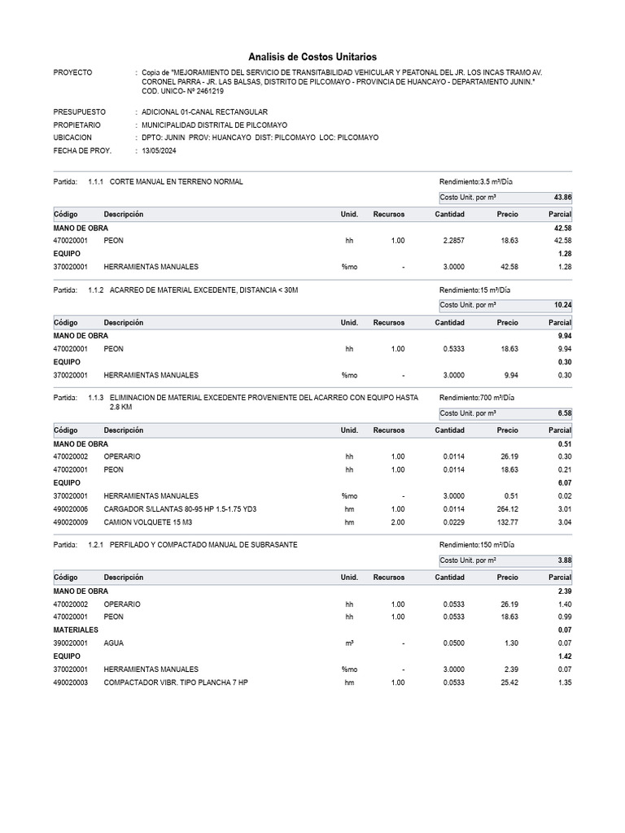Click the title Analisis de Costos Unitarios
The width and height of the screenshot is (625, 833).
[312, 57]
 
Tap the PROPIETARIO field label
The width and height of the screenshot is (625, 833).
[77, 125]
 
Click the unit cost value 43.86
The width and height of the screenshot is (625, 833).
[562, 198]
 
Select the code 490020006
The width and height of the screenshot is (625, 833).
[70, 508]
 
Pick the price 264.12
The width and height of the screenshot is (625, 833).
[507, 508]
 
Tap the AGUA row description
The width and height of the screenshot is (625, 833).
[113, 643]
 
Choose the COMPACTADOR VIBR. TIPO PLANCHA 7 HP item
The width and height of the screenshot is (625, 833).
[176, 683]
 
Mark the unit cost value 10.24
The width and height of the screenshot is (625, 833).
[562, 305]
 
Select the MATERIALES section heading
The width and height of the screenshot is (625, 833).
[76, 630]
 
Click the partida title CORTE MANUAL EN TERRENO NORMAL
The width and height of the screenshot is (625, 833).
[176, 181]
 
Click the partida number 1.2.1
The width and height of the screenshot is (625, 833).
[96, 544]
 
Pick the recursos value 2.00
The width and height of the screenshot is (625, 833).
[397, 521]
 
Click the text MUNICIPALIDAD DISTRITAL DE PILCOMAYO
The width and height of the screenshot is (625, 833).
[214, 125]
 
